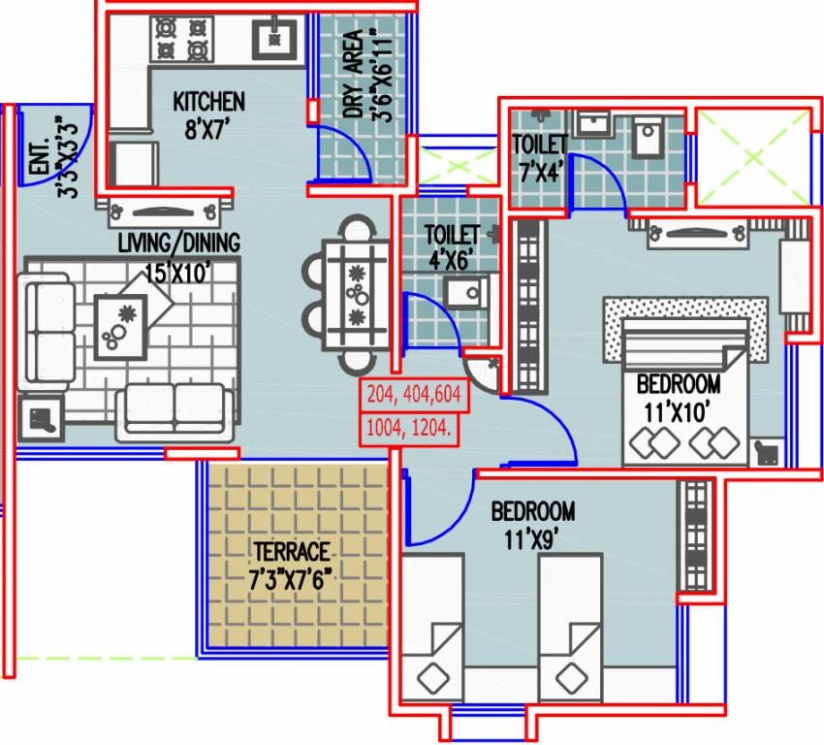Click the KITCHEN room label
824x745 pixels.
(x=208, y=102)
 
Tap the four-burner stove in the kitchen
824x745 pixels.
(x=182, y=39)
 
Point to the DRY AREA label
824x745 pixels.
(x=354, y=74)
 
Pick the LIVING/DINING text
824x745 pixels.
(x=178, y=243)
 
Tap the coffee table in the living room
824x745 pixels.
(x=121, y=326)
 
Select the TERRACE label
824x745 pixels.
(x=292, y=552)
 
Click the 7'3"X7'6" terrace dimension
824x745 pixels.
(x=290, y=579)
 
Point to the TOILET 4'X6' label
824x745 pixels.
(x=452, y=246)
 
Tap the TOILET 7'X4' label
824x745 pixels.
(x=541, y=157)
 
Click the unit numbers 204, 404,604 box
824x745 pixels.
(x=414, y=394)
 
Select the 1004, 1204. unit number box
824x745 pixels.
(x=408, y=430)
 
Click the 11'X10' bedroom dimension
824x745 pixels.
(x=678, y=412)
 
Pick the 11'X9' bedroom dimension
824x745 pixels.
(x=531, y=539)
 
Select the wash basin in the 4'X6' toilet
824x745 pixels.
(x=467, y=292)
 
